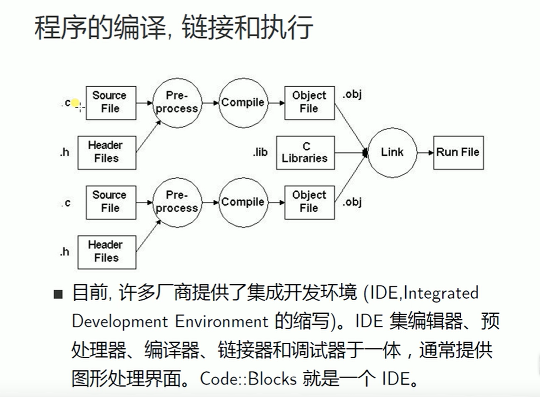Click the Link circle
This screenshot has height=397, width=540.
tap(392, 153)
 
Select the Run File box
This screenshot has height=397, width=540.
tap(458, 153)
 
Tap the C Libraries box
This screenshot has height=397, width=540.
tap(309, 153)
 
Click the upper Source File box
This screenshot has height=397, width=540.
tap(111, 103)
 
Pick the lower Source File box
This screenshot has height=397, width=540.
tap(111, 202)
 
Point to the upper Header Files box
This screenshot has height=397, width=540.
tap(106, 152)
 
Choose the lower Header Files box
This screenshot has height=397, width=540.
tap(106, 252)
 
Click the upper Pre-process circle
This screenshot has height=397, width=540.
tap(176, 103)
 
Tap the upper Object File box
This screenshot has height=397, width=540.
tap(309, 103)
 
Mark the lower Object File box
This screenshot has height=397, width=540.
tap(309, 202)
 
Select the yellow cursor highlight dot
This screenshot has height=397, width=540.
tap(75, 103)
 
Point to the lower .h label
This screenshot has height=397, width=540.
tap(64, 252)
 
